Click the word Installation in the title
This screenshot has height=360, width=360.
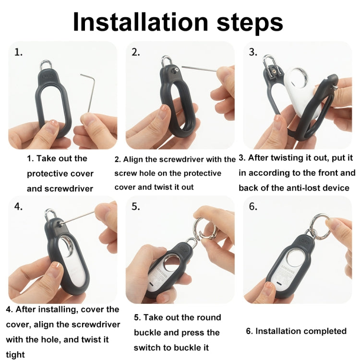[141, 22]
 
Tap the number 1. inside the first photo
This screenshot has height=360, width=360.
[18, 52]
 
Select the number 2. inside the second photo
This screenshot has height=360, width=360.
[135, 52]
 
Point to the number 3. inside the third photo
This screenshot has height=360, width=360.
[253, 52]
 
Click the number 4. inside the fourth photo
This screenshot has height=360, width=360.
[18, 206]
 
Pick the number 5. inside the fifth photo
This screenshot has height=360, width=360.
[135, 206]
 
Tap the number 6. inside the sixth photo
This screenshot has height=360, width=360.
[253, 206]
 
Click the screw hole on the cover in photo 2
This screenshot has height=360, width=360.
[176, 70]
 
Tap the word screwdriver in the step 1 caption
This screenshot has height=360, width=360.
[69, 189]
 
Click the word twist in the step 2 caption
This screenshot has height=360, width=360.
[164, 187]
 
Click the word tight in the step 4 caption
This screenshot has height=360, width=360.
[15, 355]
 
